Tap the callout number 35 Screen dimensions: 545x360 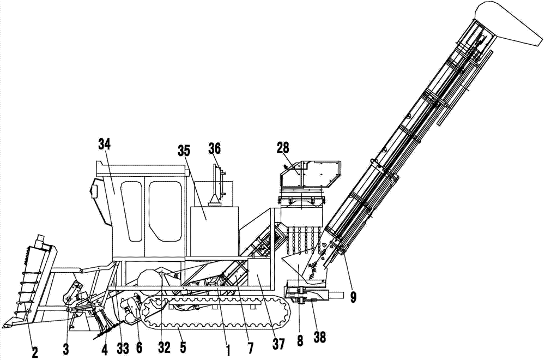click(184, 150)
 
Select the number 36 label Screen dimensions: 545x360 click(214, 148)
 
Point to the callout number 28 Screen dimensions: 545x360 click(283, 147)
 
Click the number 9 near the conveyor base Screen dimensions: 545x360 click(353, 298)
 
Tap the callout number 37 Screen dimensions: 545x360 click(278, 344)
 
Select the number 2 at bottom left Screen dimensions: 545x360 click(35, 352)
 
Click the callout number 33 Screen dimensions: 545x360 click(123, 347)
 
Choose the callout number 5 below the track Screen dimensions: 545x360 click(183, 347)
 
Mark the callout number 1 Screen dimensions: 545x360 click(228, 351)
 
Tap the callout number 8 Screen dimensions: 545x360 click(300, 339)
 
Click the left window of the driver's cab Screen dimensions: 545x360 click(131, 211)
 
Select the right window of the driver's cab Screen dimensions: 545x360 click(165, 211)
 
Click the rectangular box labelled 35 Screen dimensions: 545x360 click(214, 231)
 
